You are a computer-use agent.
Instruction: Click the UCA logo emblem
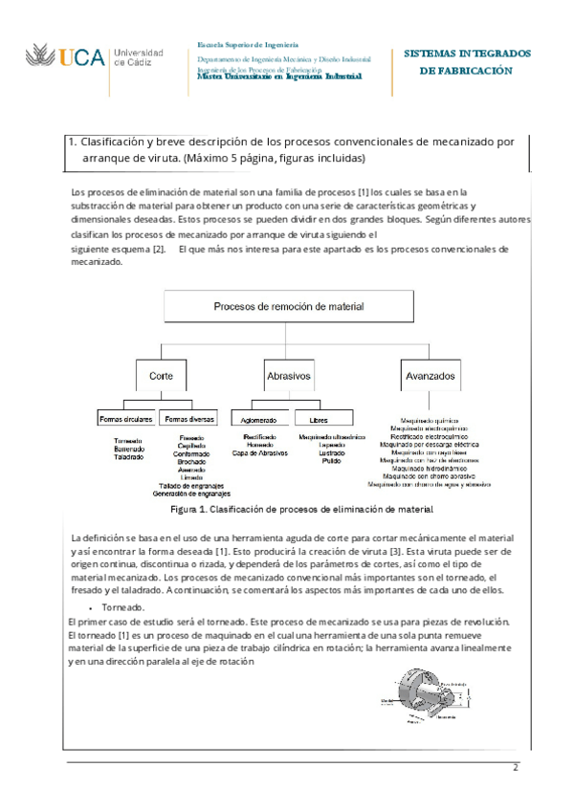tap(42, 56)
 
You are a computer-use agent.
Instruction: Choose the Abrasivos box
tap(288, 376)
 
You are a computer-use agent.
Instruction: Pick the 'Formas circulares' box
tap(125, 418)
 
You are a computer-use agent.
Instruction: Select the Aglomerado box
tap(259, 418)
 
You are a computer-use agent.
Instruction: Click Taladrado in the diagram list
tap(128, 457)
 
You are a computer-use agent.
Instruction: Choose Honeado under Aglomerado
tap(259, 445)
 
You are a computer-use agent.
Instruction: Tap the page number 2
tap(515, 768)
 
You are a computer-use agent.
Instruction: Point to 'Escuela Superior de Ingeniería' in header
tap(247, 45)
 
